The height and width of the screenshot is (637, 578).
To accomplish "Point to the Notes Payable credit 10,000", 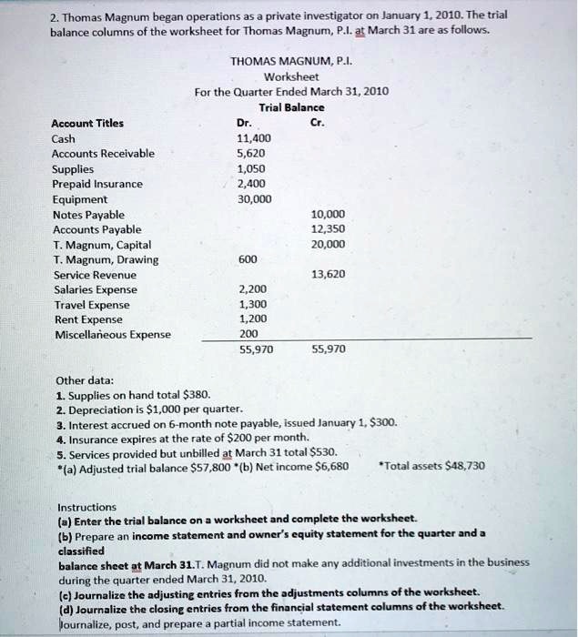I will coord(328,214).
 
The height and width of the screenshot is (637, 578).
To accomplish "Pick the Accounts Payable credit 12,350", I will coord(328,228).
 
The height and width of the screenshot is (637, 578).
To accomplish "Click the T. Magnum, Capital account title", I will coord(103,244).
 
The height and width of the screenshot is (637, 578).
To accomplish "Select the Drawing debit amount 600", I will coord(248,258).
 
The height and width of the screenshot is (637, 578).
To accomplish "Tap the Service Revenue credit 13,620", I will coord(328,274).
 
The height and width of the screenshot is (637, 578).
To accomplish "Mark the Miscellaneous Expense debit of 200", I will coord(248,334).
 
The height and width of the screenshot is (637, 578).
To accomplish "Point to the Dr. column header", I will coord(242,123).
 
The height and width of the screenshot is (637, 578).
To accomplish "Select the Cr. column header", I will coord(317,123).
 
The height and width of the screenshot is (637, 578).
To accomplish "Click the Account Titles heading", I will coord(89,123).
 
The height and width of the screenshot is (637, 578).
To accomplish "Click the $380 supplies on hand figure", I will coord(197,394).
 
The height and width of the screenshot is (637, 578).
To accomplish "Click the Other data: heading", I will coord(85,379).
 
